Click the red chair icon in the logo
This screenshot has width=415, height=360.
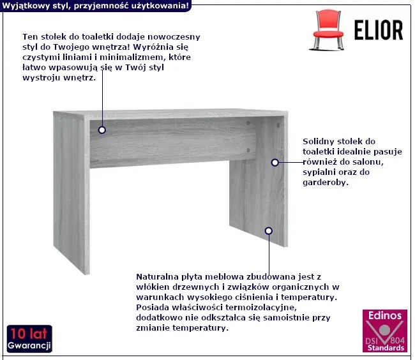(x=328, y=30)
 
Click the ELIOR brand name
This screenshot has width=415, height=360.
(x=379, y=30)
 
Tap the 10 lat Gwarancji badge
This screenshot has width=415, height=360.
(x=29, y=339)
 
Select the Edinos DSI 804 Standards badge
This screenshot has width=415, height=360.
(x=385, y=331)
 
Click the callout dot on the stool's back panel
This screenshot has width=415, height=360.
(x=102, y=130)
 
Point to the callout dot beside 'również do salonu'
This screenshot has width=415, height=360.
(x=275, y=162)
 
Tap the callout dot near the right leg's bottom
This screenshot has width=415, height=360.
(x=269, y=231)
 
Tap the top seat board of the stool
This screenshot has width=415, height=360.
(x=170, y=114)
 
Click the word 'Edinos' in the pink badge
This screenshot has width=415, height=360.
(x=385, y=315)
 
